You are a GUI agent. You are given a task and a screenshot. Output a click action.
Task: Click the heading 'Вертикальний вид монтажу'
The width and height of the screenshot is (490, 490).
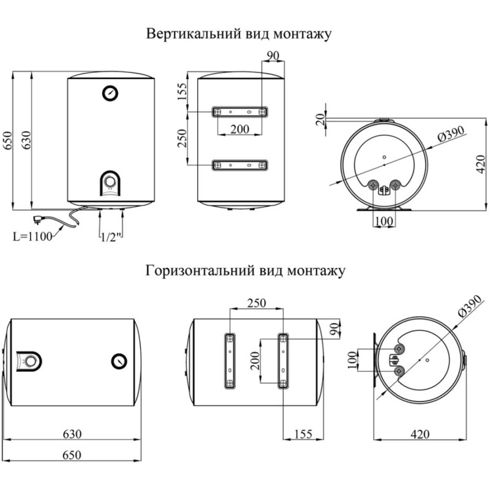pyautogui.click(x=239, y=34)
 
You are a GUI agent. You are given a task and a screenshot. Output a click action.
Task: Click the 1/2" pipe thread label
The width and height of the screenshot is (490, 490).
pyautogui.click(x=112, y=236)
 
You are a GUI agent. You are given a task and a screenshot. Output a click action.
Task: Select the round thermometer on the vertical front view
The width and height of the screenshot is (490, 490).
pyautogui.click(x=110, y=93)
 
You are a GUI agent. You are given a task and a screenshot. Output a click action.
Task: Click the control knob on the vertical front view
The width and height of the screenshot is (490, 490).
pyautogui.click(x=110, y=183)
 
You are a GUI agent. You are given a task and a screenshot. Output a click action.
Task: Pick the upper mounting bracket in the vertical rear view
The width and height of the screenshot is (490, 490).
pyautogui.click(x=239, y=112)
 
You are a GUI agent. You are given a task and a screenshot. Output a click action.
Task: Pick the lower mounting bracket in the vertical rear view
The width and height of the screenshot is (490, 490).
pyautogui.click(x=239, y=165)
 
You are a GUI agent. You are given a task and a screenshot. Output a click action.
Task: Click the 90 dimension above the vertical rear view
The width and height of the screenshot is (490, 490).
pyautogui.click(x=273, y=56)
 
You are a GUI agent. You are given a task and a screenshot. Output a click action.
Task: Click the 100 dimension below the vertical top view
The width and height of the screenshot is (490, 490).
pyautogui.click(x=384, y=219)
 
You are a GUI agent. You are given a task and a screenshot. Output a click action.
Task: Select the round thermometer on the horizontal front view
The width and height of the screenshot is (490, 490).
pyautogui.click(x=119, y=361)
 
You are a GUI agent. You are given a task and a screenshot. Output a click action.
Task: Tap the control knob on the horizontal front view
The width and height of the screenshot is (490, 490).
pyautogui.click(x=29, y=361)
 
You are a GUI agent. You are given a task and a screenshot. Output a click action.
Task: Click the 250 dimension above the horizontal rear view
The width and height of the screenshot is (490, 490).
pyautogui.click(x=257, y=303)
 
